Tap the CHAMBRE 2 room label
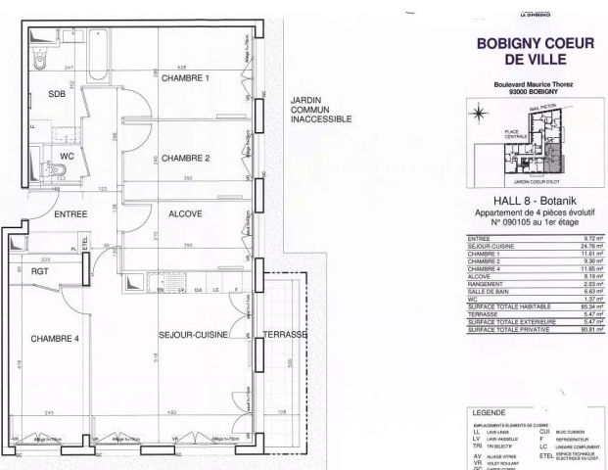tap(186, 158)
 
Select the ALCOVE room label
tap(185, 211)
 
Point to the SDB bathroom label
tap(42, 94)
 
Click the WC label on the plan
tap(40, 156)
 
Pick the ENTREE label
tap(71, 214)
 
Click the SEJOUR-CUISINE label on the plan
tap(193, 335)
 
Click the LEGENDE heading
tap(489, 413)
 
